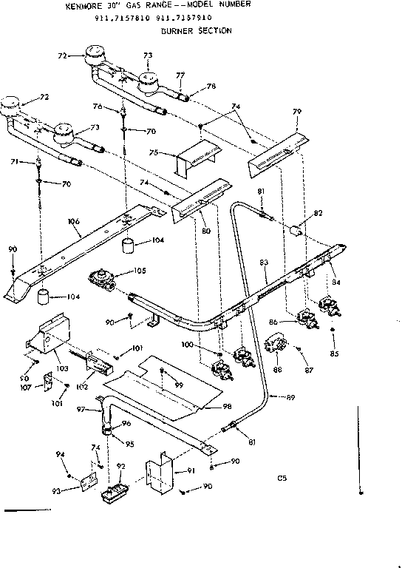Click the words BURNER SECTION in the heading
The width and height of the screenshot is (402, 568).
click(x=196, y=31)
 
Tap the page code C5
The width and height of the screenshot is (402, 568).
click(x=282, y=477)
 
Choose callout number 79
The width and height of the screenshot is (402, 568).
click(x=297, y=112)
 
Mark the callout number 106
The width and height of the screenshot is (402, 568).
click(x=73, y=220)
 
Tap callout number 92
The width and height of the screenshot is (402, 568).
click(x=121, y=467)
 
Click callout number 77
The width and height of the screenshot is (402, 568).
click(x=179, y=74)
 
